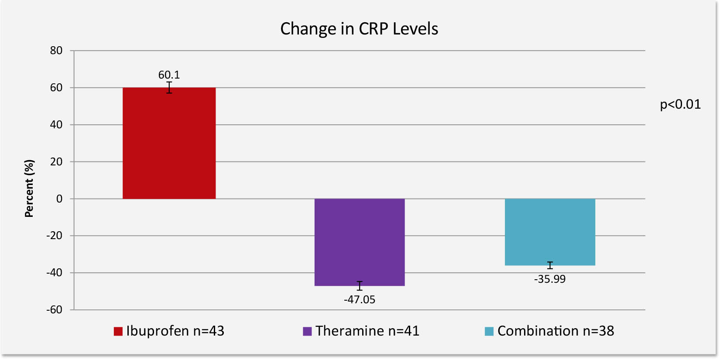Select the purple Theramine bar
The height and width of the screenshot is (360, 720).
(359, 242)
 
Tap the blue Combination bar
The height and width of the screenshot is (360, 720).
(550, 232)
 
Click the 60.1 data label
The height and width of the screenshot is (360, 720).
(169, 75)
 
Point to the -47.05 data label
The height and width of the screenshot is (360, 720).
(359, 300)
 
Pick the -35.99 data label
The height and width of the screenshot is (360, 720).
(550, 279)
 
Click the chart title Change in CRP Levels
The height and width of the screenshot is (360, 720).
(359, 29)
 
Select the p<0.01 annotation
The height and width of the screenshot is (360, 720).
(680, 104)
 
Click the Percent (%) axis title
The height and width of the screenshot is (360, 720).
(29, 189)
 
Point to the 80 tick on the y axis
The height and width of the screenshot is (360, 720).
(56, 51)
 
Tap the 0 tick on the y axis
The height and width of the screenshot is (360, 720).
(59, 199)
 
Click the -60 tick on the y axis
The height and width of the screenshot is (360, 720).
(55, 310)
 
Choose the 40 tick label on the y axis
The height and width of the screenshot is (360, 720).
(56, 125)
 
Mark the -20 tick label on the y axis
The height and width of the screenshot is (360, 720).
(55, 236)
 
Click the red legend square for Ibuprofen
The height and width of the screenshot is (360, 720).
(118, 331)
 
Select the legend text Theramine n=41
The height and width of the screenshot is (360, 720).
(367, 331)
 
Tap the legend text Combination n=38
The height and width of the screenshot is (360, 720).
(555, 331)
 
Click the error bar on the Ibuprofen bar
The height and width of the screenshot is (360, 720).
(169, 87)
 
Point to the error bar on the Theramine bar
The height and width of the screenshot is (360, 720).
(360, 286)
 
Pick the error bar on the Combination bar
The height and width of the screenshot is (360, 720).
(550, 265)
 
